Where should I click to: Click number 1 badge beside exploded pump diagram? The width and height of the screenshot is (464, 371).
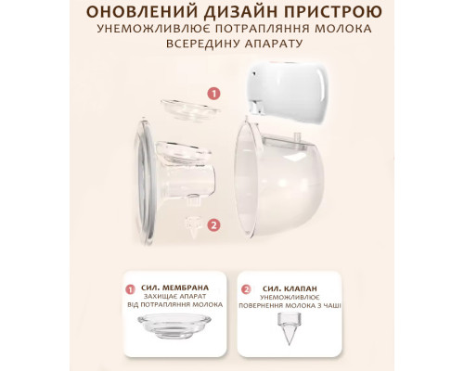tap(214, 94)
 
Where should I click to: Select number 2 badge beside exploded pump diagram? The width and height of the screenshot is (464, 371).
tap(214, 224)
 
